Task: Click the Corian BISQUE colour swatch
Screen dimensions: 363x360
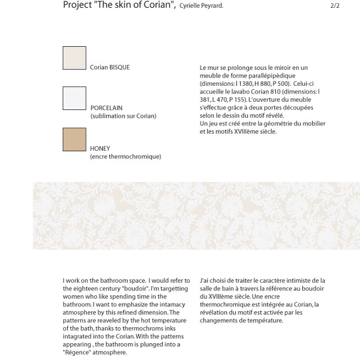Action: [74, 58]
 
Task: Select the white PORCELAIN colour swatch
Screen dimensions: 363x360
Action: [74, 98]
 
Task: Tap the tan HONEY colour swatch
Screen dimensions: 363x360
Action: [74, 139]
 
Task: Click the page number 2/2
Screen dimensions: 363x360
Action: [335, 5]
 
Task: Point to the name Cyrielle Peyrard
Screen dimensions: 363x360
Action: [201, 6]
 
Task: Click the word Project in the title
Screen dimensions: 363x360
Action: [77, 5]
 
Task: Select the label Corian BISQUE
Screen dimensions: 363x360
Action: [110, 68]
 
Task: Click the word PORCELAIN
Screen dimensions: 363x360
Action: [107, 108]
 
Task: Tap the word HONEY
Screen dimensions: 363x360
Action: [100, 148]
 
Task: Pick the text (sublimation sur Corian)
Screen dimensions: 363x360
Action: [123, 116]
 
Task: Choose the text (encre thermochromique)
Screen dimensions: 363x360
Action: [126, 157]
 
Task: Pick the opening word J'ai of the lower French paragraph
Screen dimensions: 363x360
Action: [205, 280]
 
